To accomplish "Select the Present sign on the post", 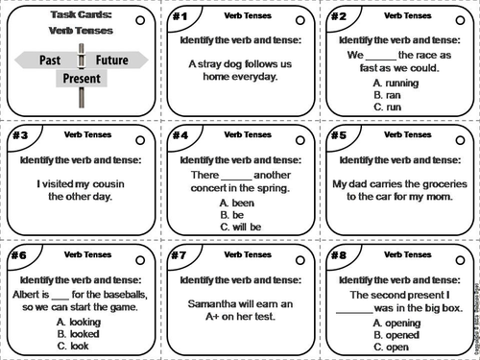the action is pos(81,78).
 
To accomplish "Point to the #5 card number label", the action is pos(338,135).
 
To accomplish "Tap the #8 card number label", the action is pos(338,255).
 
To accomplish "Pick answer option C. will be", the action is pos(238,228).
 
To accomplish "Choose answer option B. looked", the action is pos(81,333).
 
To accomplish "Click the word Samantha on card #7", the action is pos(204,305).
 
